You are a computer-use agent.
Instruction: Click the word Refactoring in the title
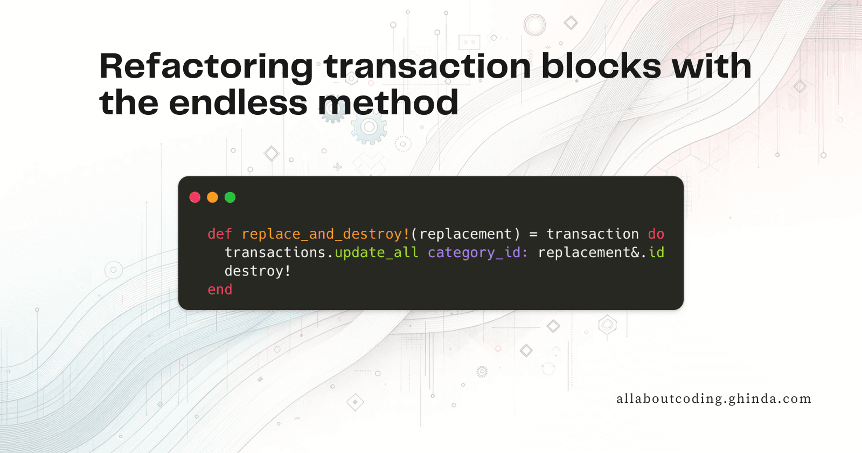[206, 66]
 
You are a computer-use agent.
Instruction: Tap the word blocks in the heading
[601, 66]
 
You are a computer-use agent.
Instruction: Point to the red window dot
[195, 197]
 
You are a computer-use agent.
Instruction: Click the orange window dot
[213, 197]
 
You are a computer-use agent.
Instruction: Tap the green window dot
[230, 197]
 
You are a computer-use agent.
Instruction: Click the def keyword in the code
[220, 234]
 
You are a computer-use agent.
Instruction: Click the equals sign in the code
[533, 234]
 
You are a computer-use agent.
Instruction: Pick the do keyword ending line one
[656, 234]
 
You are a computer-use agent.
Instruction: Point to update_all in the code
[377, 252]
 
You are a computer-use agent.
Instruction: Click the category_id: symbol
[478, 252]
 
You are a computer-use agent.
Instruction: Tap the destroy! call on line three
[258, 271]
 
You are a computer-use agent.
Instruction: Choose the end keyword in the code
[220, 290]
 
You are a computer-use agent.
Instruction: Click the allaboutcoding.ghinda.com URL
[713, 399]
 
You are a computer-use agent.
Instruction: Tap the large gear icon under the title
[369, 128]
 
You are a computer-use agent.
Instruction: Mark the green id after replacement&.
[656, 252]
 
